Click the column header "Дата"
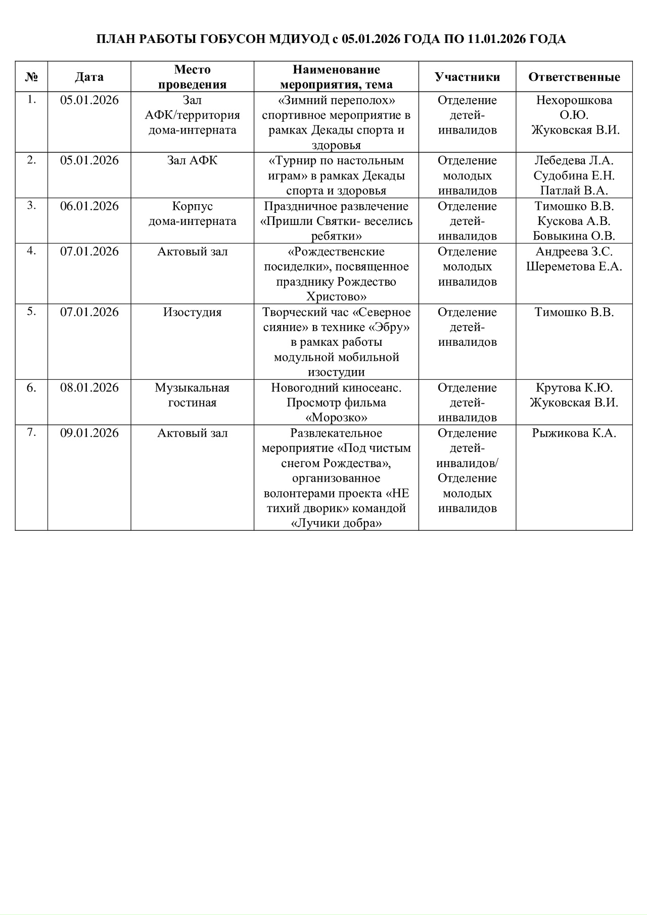pos(89,77)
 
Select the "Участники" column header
pos(467,77)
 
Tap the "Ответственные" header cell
pos(574,77)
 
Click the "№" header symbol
pos(31,77)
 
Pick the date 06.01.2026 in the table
pos(89,206)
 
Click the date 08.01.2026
pos(89,388)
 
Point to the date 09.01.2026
pos(89,433)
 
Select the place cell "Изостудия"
pos(192,312)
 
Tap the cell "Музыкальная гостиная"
pos(192,395)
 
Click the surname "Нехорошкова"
pos(574,100)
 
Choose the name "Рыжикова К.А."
pos(574,433)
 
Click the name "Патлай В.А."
pos(574,191)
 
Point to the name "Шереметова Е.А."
pos(574,266)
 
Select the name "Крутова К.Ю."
pos(574,388)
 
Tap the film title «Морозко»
pos(336,418)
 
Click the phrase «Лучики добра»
pos(336,523)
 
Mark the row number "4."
pos(31,251)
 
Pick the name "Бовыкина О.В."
pos(574,236)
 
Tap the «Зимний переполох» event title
pos(336,100)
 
